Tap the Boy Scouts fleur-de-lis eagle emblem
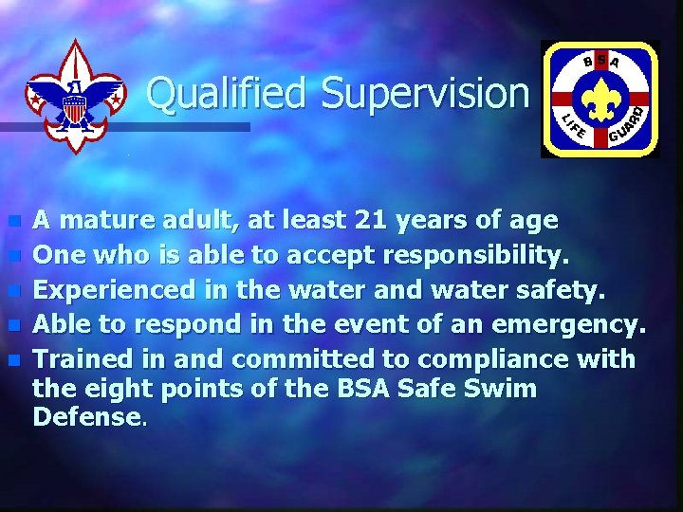tap(75, 96)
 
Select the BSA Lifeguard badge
tap(599, 99)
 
